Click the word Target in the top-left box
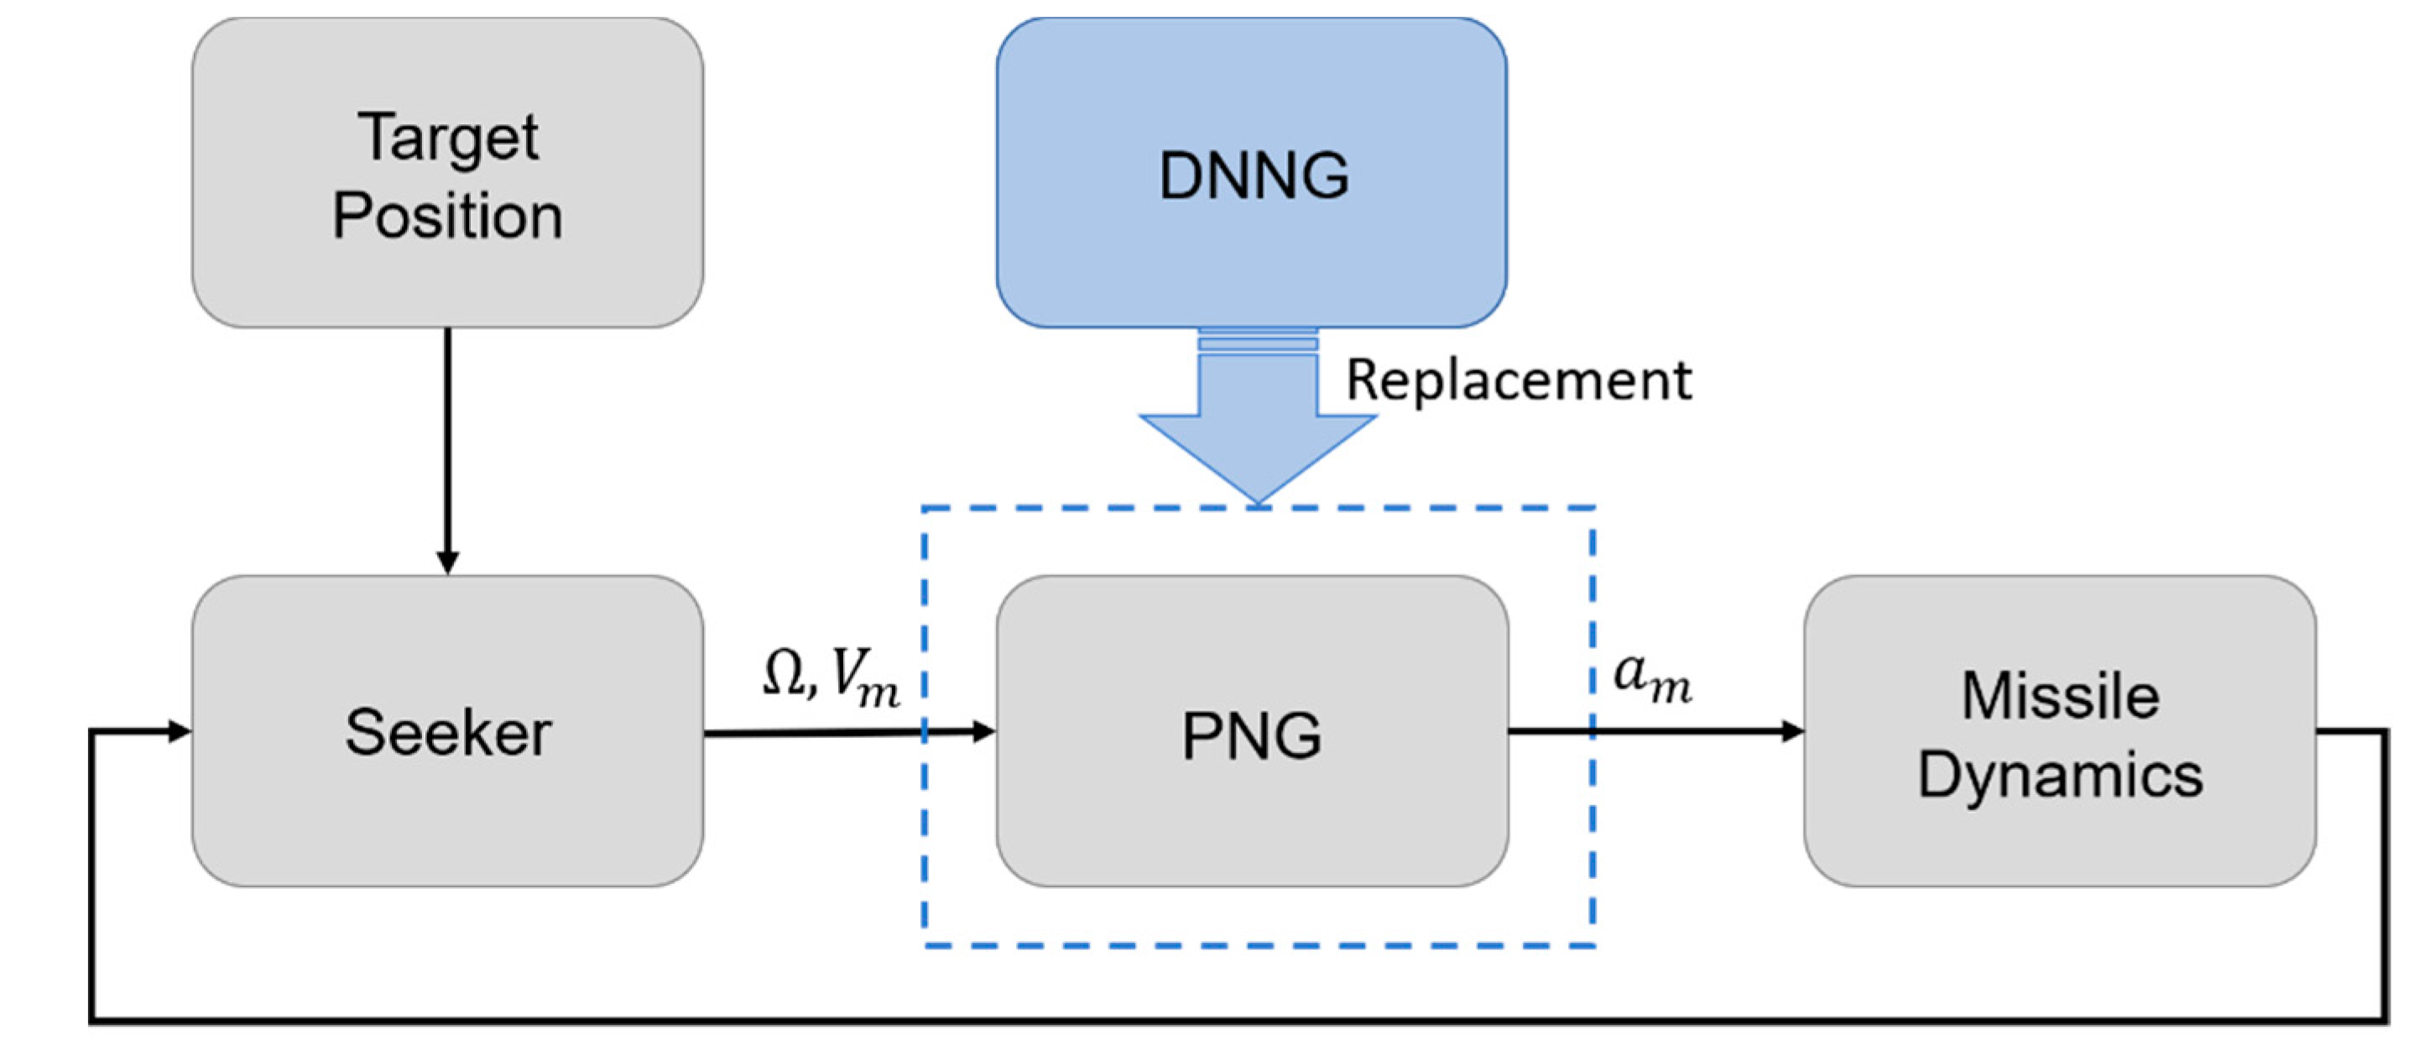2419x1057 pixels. [448, 139]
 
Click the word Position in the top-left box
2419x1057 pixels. [448, 216]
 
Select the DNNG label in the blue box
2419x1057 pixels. [1254, 175]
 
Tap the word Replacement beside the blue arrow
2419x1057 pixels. [1519, 380]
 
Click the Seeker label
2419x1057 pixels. [448, 732]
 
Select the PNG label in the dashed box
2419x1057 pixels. [1252, 735]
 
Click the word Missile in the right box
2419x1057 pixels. [2060, 696]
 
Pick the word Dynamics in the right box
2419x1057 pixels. [2060, 775]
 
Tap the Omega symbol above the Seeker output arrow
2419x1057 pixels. [783, 673]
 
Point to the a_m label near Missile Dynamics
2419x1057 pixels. [1652, 678]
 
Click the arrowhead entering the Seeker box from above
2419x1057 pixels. [448, 562]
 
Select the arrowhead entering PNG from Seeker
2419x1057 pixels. [983, 731]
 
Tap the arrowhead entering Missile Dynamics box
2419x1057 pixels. [1791, 730]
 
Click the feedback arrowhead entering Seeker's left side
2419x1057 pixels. [179, 730]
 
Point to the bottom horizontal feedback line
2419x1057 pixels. [1221, 1019]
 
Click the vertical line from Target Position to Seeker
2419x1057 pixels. [448, 442]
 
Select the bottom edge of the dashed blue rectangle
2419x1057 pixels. [1259, 945]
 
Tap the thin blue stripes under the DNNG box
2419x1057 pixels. [1259, 339]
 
